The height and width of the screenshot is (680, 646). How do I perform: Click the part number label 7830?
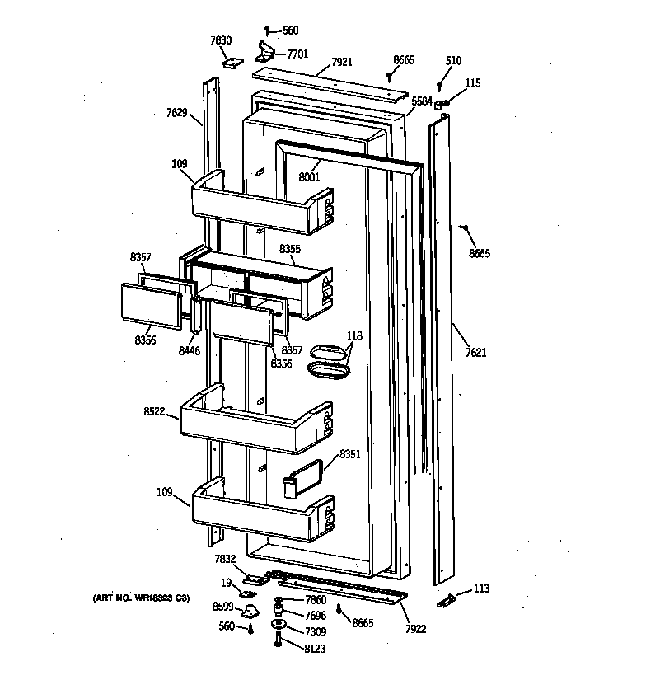(x=221, y=40)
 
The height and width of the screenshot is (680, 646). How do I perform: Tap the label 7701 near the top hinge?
(x=297, y=54)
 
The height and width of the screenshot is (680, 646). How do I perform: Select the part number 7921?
(x=342, y=62)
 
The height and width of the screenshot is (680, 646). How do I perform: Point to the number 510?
(x=453, y=61)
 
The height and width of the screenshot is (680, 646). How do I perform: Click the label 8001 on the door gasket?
(x=309, y=176)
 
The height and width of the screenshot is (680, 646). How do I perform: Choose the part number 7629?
(x=176, y=113)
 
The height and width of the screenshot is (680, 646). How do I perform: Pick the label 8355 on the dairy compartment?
(x=290, y=248)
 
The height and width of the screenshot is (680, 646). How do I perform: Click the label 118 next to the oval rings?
(x=353, y=335)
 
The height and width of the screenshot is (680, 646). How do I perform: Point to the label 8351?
(x=350, y=453)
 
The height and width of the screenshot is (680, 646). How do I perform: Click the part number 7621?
(x=475, y=353)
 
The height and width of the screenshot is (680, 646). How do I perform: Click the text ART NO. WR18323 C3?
(x=141, y=598)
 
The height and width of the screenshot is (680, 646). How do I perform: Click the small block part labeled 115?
(x=442, y=103)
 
